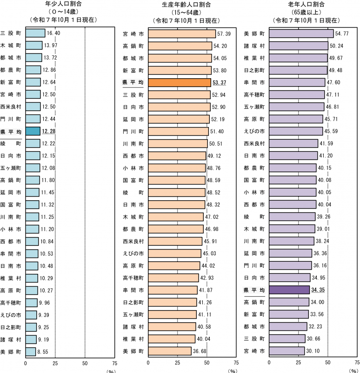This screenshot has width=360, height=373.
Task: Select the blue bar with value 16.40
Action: coord(35,33)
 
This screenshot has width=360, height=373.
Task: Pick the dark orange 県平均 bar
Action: coord(180,82)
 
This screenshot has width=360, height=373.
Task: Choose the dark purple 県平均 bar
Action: coord(289,290)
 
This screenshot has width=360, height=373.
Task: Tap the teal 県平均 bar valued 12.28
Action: coord(33,131)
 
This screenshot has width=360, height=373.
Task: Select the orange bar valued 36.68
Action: coord(170,351)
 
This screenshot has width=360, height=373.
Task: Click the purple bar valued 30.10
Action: coord(287,351)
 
